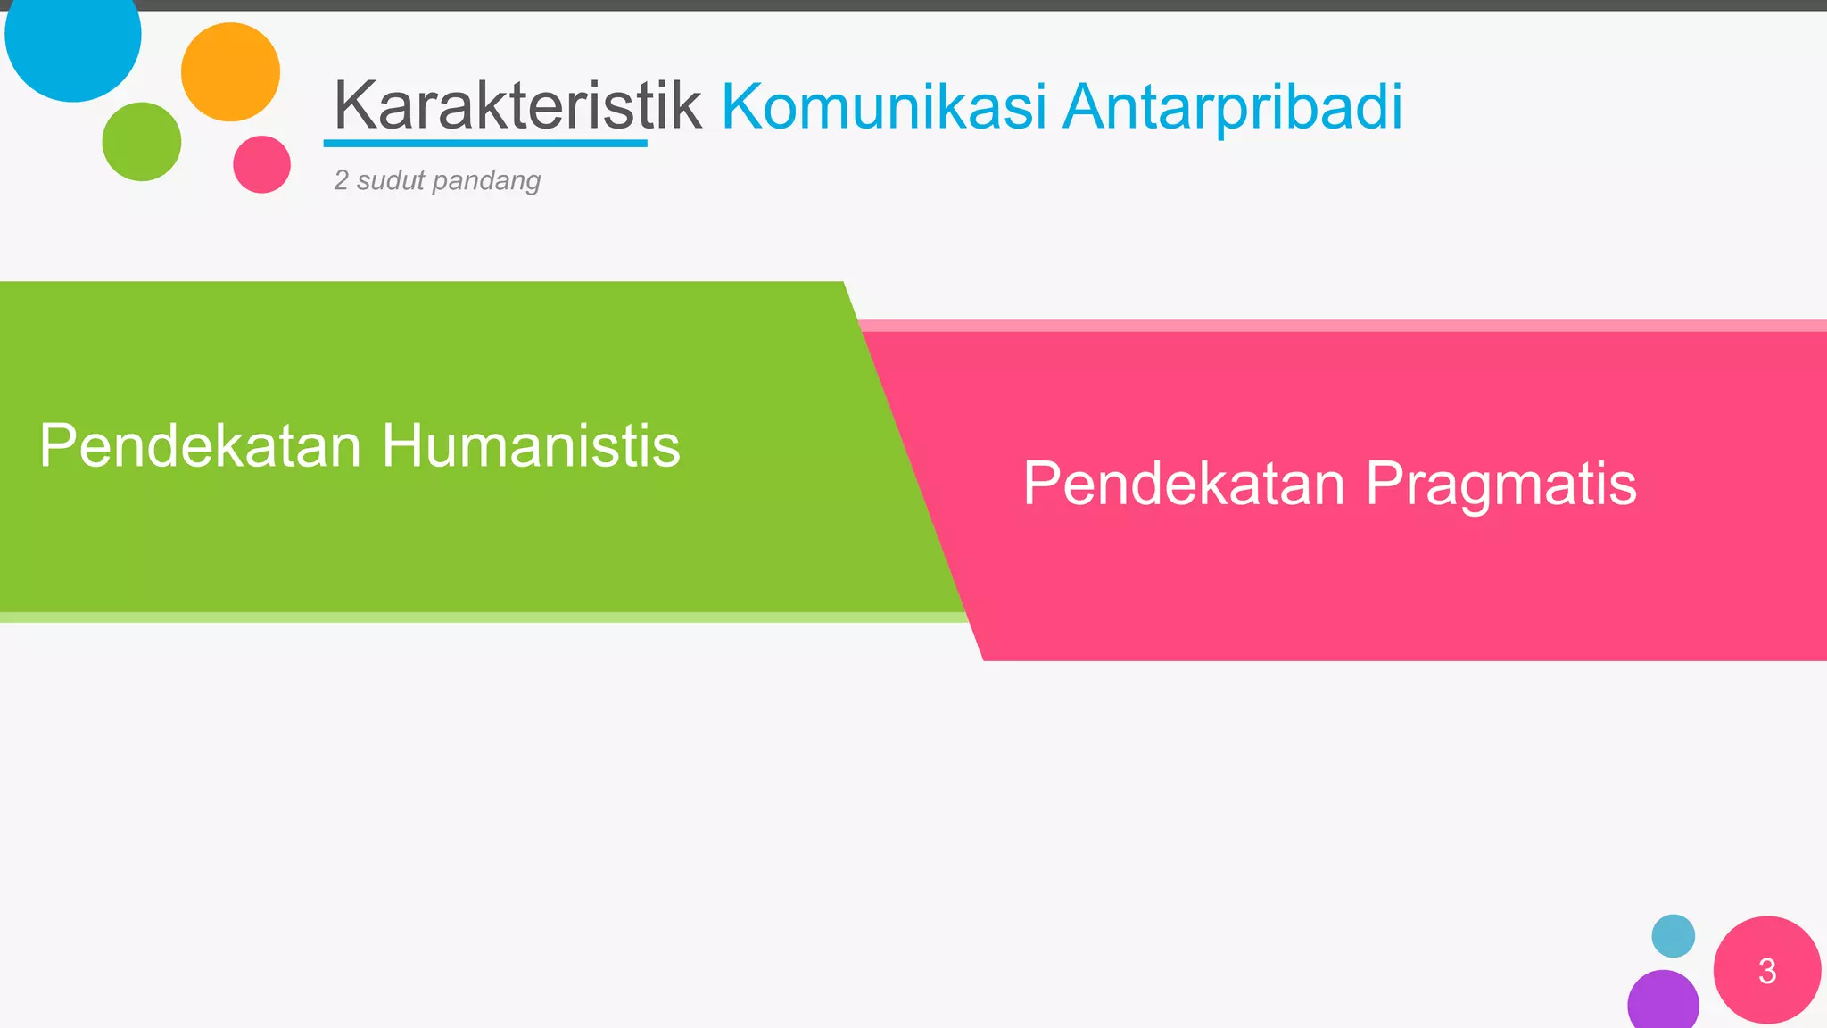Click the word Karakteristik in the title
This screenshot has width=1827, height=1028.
click(517, 106)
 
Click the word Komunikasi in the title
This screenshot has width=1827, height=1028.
click(883, 106)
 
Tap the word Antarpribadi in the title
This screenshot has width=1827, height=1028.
click(1233, 108)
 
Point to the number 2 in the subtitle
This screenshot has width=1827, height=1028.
click(341, 180)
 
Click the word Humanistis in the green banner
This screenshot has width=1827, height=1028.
click(531, 445)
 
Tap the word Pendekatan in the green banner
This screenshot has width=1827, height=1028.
click(200, 445)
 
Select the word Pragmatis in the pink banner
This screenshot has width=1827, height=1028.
click(1500, 484)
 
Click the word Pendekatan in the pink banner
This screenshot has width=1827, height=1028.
click(1184, 484)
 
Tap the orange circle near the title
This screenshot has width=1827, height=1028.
click(230, 72)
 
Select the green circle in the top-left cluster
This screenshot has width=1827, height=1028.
click(142, 142)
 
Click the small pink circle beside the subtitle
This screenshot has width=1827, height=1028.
click(261, 164)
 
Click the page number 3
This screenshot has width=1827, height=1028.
click(1766, 971)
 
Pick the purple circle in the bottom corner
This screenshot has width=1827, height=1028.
click(1663, 1001)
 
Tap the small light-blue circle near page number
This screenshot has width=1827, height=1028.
click(1673, 936)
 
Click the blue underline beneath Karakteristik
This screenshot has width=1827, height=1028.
click(485, 143)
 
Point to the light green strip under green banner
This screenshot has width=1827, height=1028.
click(482, 618)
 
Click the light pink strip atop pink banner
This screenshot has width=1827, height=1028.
click(1338, 326)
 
